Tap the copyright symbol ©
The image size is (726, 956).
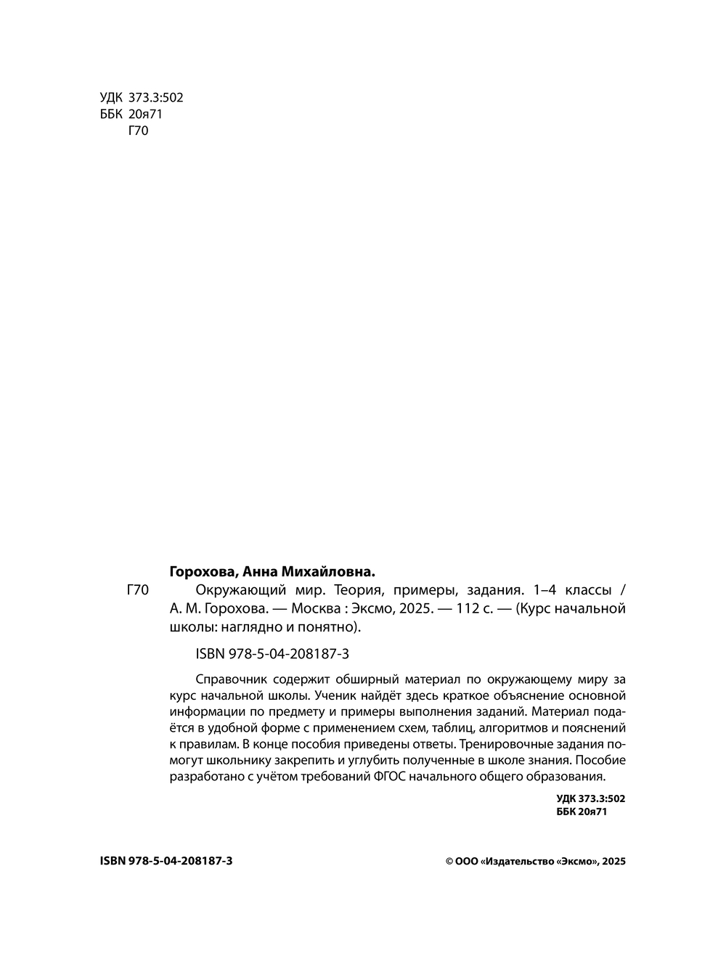449,861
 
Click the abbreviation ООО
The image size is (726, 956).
467,861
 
